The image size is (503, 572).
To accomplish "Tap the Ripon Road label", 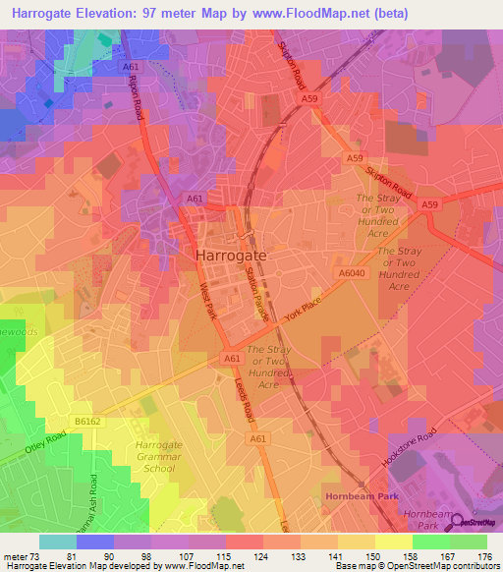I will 139,100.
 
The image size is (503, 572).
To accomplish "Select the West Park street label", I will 208,302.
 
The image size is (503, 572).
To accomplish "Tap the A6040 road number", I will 352,275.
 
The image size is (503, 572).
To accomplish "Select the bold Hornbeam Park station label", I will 363,497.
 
